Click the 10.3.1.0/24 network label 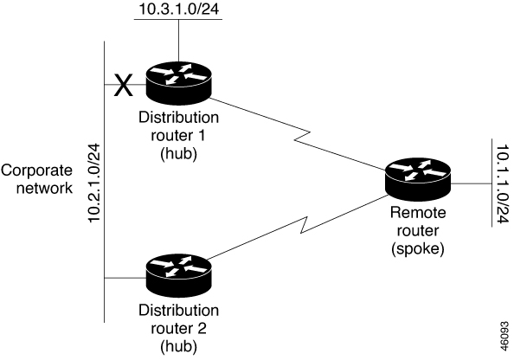click(178, 9)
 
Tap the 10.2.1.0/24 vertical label click(94, 183)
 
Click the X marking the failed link click(123, 85)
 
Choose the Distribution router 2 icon click(178, 277)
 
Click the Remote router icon click(418, 180)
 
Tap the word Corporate click(36, 170)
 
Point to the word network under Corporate click(45, 188)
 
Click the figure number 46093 click(504, 336)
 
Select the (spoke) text click(418, 248)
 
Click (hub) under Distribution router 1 click(178, 153)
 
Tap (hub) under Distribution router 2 click(178, 346)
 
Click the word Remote click(418, 213)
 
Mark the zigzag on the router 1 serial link click(302, 136)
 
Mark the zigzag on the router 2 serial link click(305, 225)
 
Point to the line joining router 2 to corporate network click(125, 278)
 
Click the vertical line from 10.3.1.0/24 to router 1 click(178, 41)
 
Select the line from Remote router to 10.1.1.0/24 click(471, 183)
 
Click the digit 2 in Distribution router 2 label click(202, 328)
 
